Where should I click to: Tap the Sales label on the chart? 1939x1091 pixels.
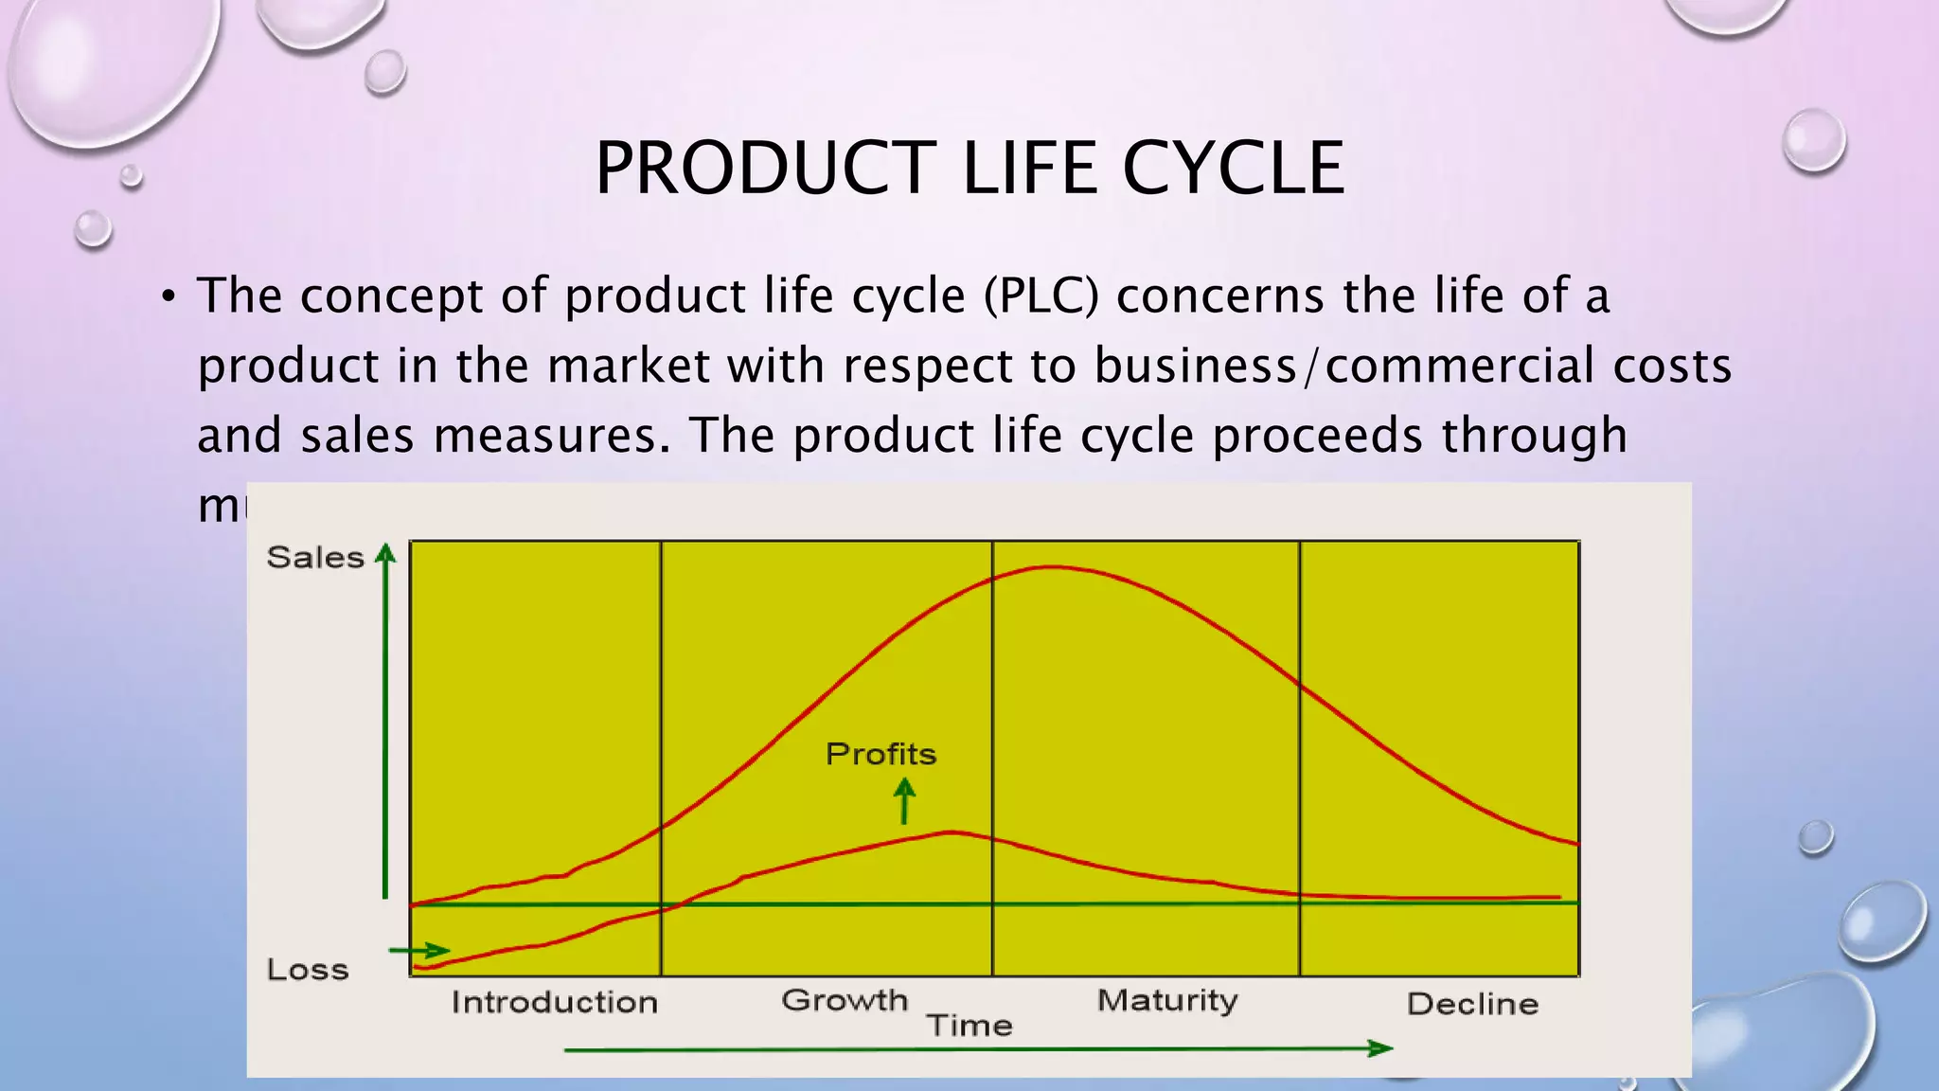tap(315, 557)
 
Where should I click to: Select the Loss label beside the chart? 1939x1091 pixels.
tap(308, 970)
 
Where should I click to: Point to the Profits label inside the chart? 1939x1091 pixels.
tap(881, 754)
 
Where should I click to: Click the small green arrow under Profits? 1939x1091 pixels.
tap(905, 800)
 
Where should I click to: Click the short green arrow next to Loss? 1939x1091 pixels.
tap(419, 950)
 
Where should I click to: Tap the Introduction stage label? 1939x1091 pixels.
tap(554, 1002)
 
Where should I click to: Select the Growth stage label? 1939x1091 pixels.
tap(845, 1000)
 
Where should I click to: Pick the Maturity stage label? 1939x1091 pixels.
tap(1167, 1001)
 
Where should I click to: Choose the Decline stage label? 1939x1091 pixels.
tap(1472, 1004)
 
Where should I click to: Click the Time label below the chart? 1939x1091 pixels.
tap(969, 1026)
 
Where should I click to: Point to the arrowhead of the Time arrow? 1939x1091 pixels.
tap(1381, 1047)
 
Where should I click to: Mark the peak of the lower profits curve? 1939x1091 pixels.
tap(952, 832)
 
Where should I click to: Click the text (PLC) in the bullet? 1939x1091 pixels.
tap(1041, 295)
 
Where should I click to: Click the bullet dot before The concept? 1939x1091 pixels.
tap(169, 297)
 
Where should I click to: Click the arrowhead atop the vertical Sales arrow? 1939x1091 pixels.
tap(385, 553)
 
